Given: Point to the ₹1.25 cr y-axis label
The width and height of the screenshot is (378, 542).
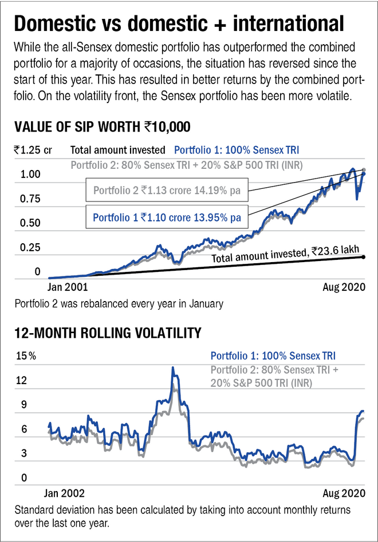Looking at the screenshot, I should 33,151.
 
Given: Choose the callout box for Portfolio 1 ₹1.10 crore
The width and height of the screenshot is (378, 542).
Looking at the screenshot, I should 166,217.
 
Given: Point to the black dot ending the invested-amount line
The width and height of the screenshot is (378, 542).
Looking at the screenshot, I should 364,256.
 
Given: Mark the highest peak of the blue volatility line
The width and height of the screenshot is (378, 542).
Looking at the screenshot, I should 172,368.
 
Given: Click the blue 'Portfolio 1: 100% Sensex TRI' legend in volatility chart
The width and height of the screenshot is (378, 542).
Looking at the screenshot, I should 273,355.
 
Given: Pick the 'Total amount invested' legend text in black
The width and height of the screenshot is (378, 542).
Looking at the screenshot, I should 118,151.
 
